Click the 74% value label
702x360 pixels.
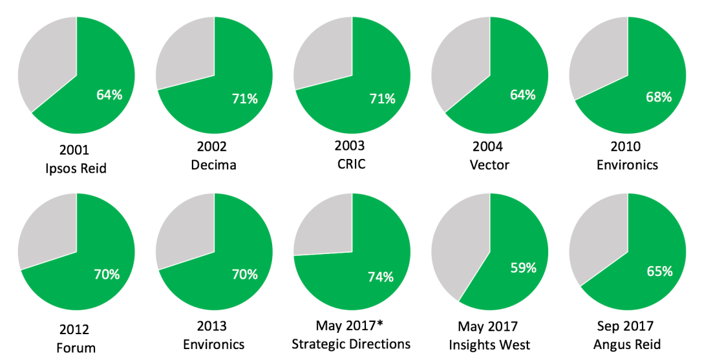[381, 277]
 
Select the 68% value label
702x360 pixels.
[659, 97]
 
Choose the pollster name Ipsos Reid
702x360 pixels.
[76, 169]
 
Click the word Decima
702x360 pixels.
[214, 165]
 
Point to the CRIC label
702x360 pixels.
[352, 164]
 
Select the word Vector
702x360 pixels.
[489, 165]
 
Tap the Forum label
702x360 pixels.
[76, 348]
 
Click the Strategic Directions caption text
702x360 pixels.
[351, 344]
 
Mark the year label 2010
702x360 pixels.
[627, 146]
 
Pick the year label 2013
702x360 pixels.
[214, 326]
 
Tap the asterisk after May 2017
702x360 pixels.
[384, 324]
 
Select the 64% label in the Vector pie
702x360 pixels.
[522, 95]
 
